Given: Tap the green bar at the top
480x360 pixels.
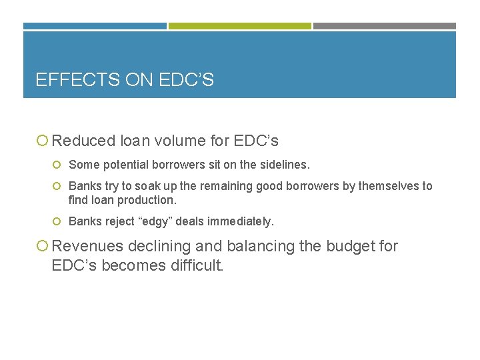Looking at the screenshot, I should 239,26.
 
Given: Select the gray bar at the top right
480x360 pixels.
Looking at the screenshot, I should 384,26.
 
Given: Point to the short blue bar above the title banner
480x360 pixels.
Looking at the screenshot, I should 95,26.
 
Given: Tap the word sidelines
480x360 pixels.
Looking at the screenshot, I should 285,164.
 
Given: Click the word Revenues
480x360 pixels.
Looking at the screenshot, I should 87,246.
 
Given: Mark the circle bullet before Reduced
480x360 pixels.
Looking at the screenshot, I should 42,141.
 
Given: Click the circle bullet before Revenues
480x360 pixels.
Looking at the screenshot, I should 42,247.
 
